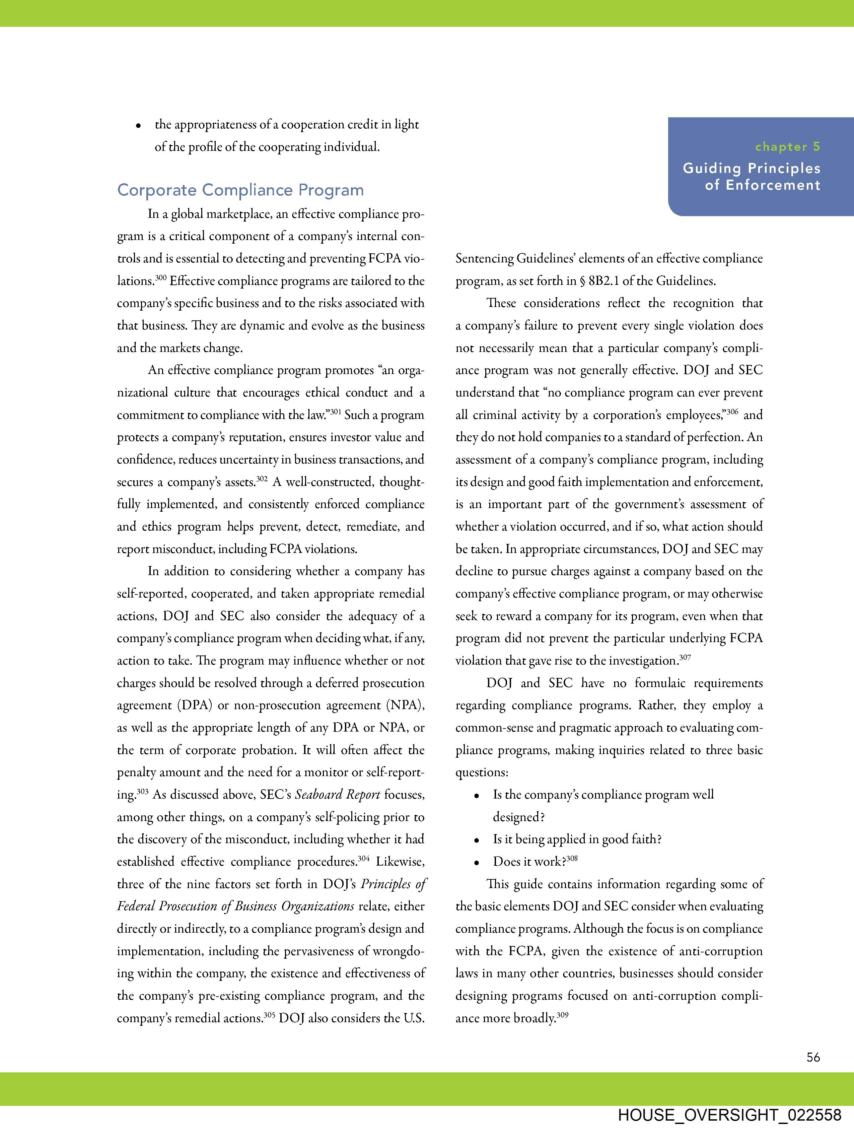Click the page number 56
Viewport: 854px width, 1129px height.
click(813, 1057)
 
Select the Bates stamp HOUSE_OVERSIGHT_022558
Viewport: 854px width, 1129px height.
click(729, 1115)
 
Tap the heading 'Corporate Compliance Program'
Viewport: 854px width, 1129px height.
click(240, 190)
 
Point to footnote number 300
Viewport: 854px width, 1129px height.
click(161, 278)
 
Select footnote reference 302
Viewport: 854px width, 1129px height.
click(262, 479)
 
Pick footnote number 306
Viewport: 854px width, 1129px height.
click(732, 412)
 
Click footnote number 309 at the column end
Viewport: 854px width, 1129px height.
click(562, 1015)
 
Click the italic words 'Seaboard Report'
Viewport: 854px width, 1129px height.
click(337, 795)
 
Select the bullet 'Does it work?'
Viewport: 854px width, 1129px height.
click(529, 862)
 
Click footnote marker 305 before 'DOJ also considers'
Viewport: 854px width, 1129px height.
click(270, 1015)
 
